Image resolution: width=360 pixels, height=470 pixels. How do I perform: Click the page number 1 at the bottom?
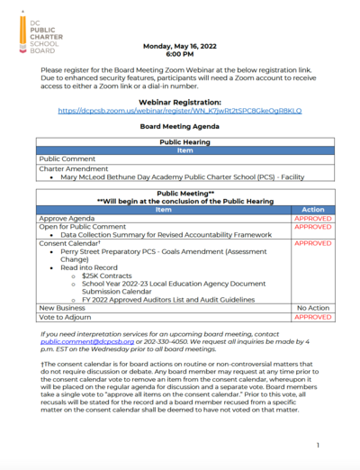coord(319,446)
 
